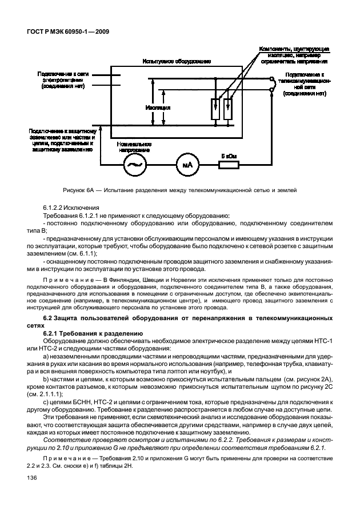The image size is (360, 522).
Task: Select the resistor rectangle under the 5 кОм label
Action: coord(230,165)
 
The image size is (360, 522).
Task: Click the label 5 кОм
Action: coord(230,154)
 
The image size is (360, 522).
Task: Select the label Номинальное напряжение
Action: coord(133,148)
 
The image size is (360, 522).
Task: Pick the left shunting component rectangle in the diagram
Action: coord(216,107)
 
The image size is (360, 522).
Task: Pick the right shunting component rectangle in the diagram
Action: coord(228,107)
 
